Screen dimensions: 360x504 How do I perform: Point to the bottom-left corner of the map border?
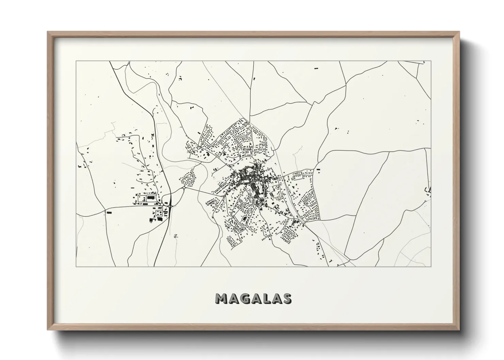(76, 266)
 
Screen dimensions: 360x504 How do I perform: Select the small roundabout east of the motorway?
(183, 187)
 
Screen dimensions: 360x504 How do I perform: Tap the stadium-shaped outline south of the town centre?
(244, 219)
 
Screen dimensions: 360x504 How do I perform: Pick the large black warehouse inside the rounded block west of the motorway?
(150, 197)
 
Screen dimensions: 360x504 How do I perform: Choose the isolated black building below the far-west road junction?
(109, 212)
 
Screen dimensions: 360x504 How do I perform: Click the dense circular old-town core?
(249, 175)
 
